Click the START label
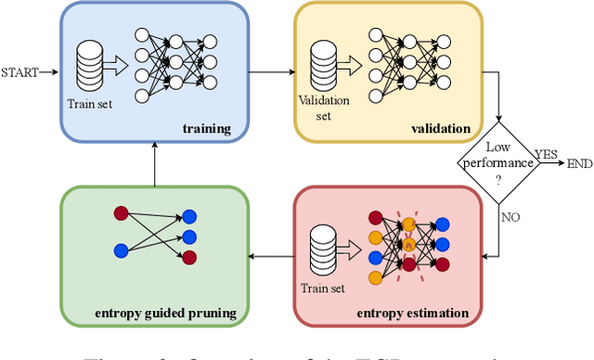(x=19, y=71)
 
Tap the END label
(x=578, y=163)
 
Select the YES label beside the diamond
(x=548, y=153)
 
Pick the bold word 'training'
(x=206, y=128)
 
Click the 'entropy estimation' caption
(x=412, y=313)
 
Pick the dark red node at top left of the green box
(x=120, y=214)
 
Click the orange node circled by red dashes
(x=409, y=244)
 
